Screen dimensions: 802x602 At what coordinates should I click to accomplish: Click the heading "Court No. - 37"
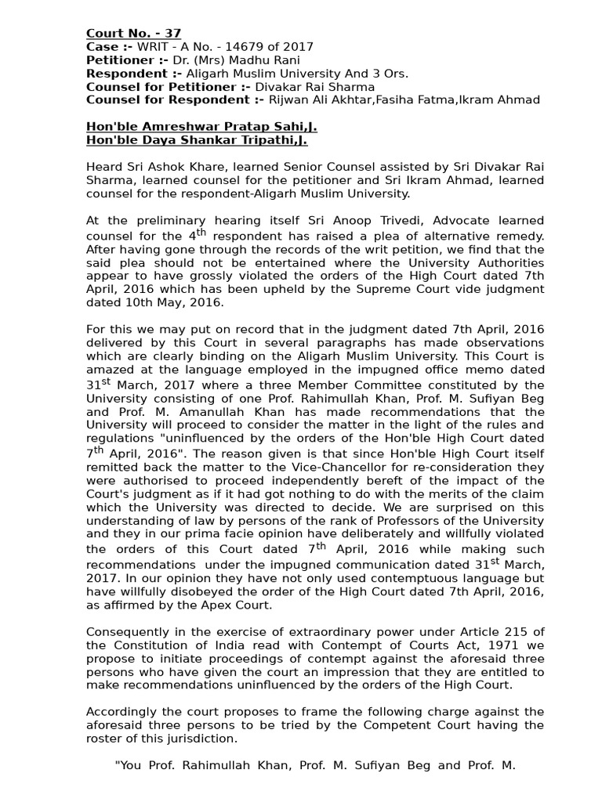coord(133,33)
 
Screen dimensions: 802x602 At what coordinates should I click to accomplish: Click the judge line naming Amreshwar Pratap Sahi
coord(201,127)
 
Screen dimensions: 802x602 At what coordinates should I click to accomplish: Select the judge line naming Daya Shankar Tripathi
coord(196,140)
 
